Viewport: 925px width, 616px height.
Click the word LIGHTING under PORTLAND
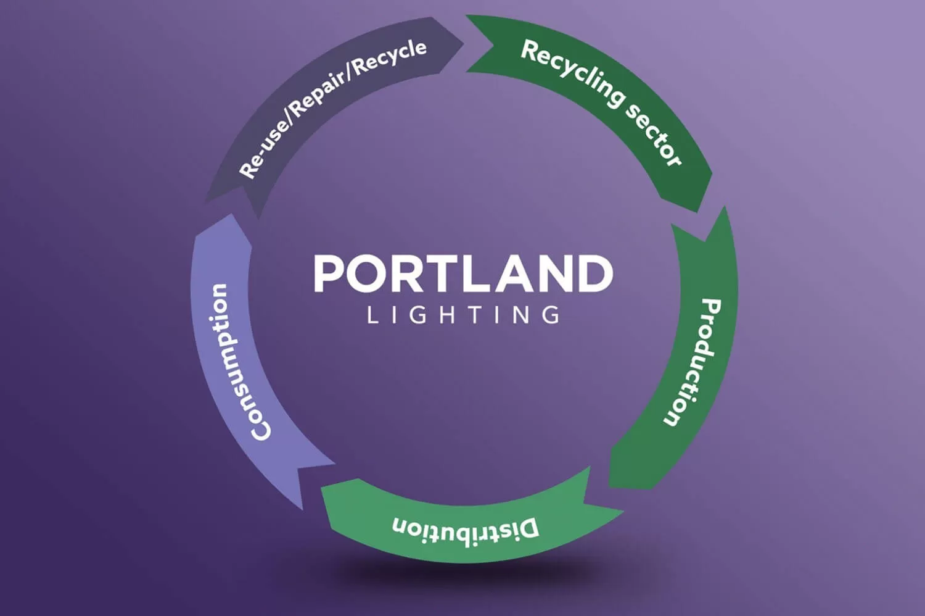click(462, 315)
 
